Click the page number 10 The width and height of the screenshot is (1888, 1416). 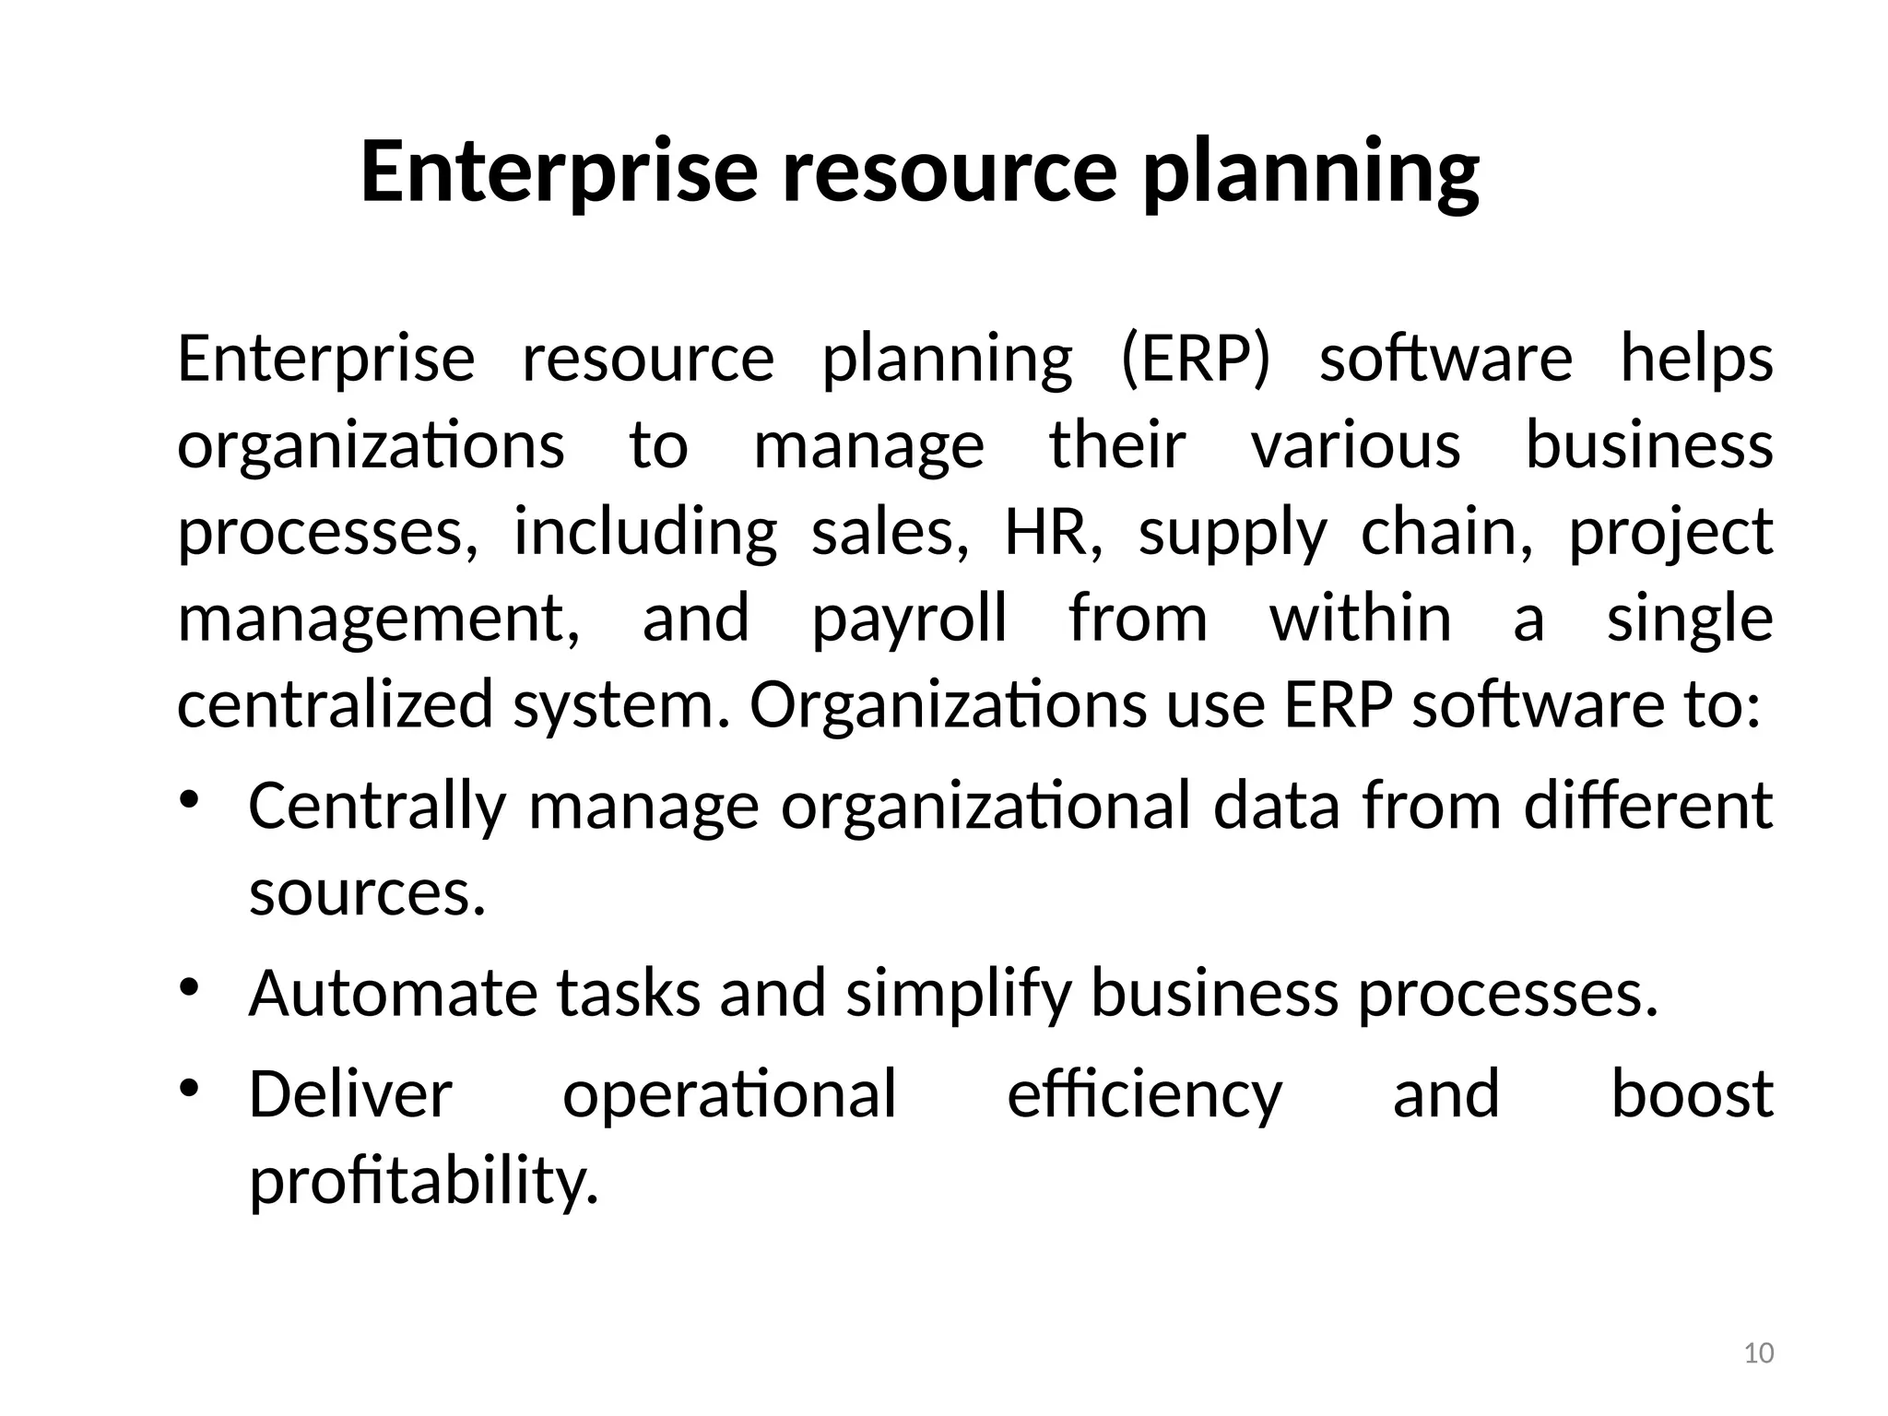coord(1759,1353)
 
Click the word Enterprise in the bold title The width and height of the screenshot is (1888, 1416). coord(559,171)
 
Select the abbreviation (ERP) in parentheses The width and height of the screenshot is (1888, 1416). coord(1196,359)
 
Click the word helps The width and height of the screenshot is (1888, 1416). coord(1696,360)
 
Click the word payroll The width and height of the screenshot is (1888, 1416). coord(909,619)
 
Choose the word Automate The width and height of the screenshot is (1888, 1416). coord(392,994)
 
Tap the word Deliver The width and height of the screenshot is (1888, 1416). coord(350,1095)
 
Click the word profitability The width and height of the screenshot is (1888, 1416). coord(424,1182)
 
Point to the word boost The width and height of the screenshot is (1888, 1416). coord(1692,1095)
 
